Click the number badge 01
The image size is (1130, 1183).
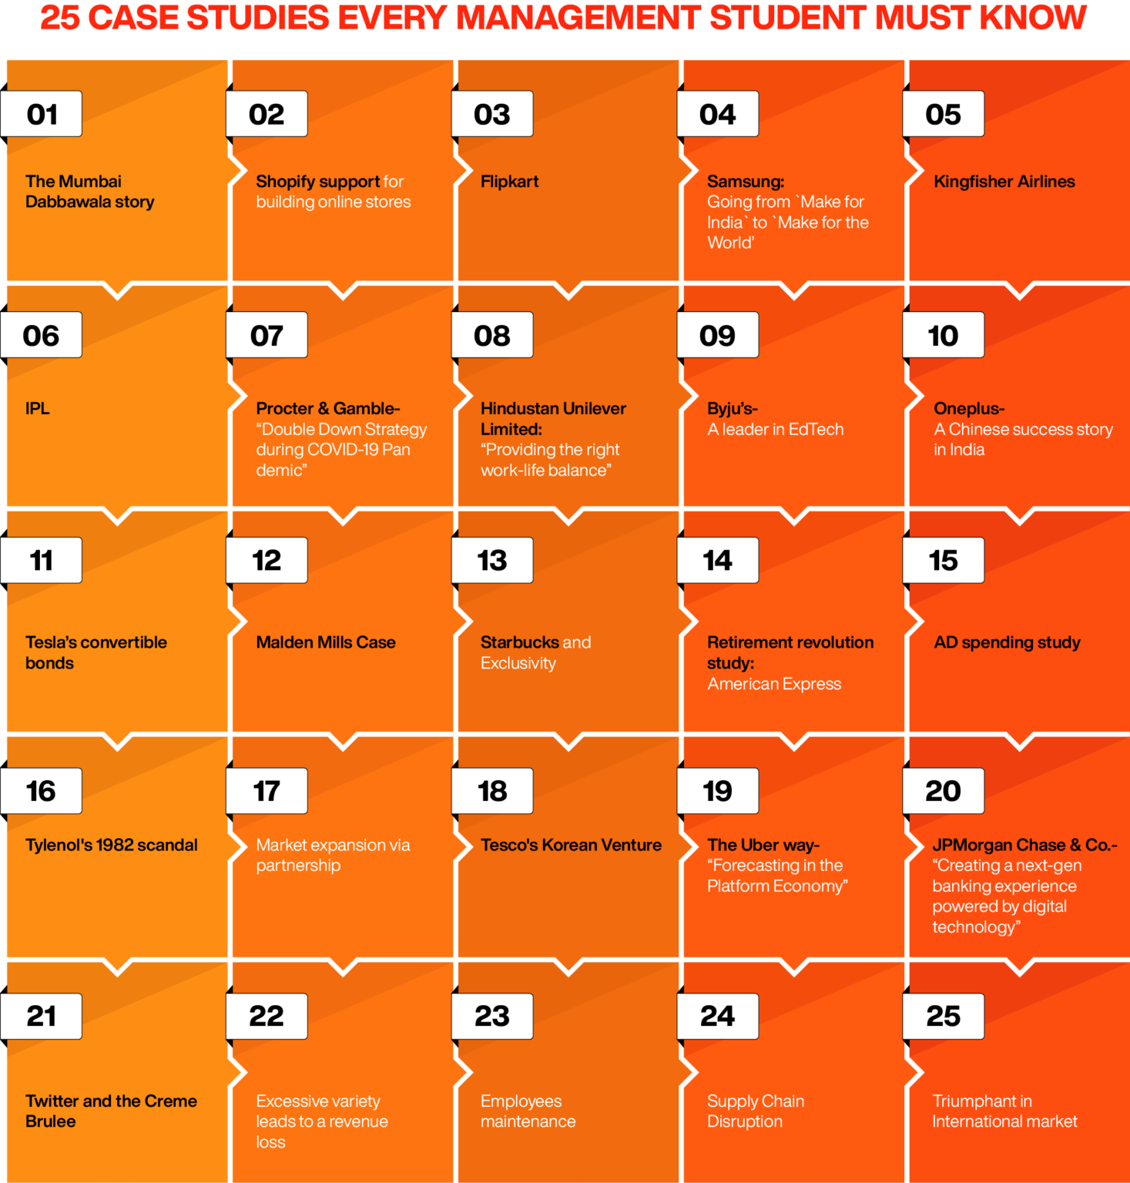pos(42,114)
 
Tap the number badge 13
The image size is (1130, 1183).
pos(492,560)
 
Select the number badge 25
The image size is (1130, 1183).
pos(943,1016)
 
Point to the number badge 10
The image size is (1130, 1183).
pos(943,335)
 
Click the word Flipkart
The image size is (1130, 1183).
pos(509,182)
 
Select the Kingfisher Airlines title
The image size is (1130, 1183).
pos(1004,182)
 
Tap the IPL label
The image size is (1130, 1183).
pos(37,408)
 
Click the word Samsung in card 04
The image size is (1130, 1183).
pos(744,182)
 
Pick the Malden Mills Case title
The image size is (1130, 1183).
pos(325,642)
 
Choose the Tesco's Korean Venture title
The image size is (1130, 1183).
pos(571,845)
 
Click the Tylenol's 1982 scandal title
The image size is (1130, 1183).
pos(111,845)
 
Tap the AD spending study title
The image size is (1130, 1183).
pos(1007,642)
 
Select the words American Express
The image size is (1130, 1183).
pos(773,684)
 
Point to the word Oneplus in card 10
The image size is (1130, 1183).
pos(967,408)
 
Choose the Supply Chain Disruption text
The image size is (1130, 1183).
pos(755,1111)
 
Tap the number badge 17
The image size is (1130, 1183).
pos(267,791)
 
